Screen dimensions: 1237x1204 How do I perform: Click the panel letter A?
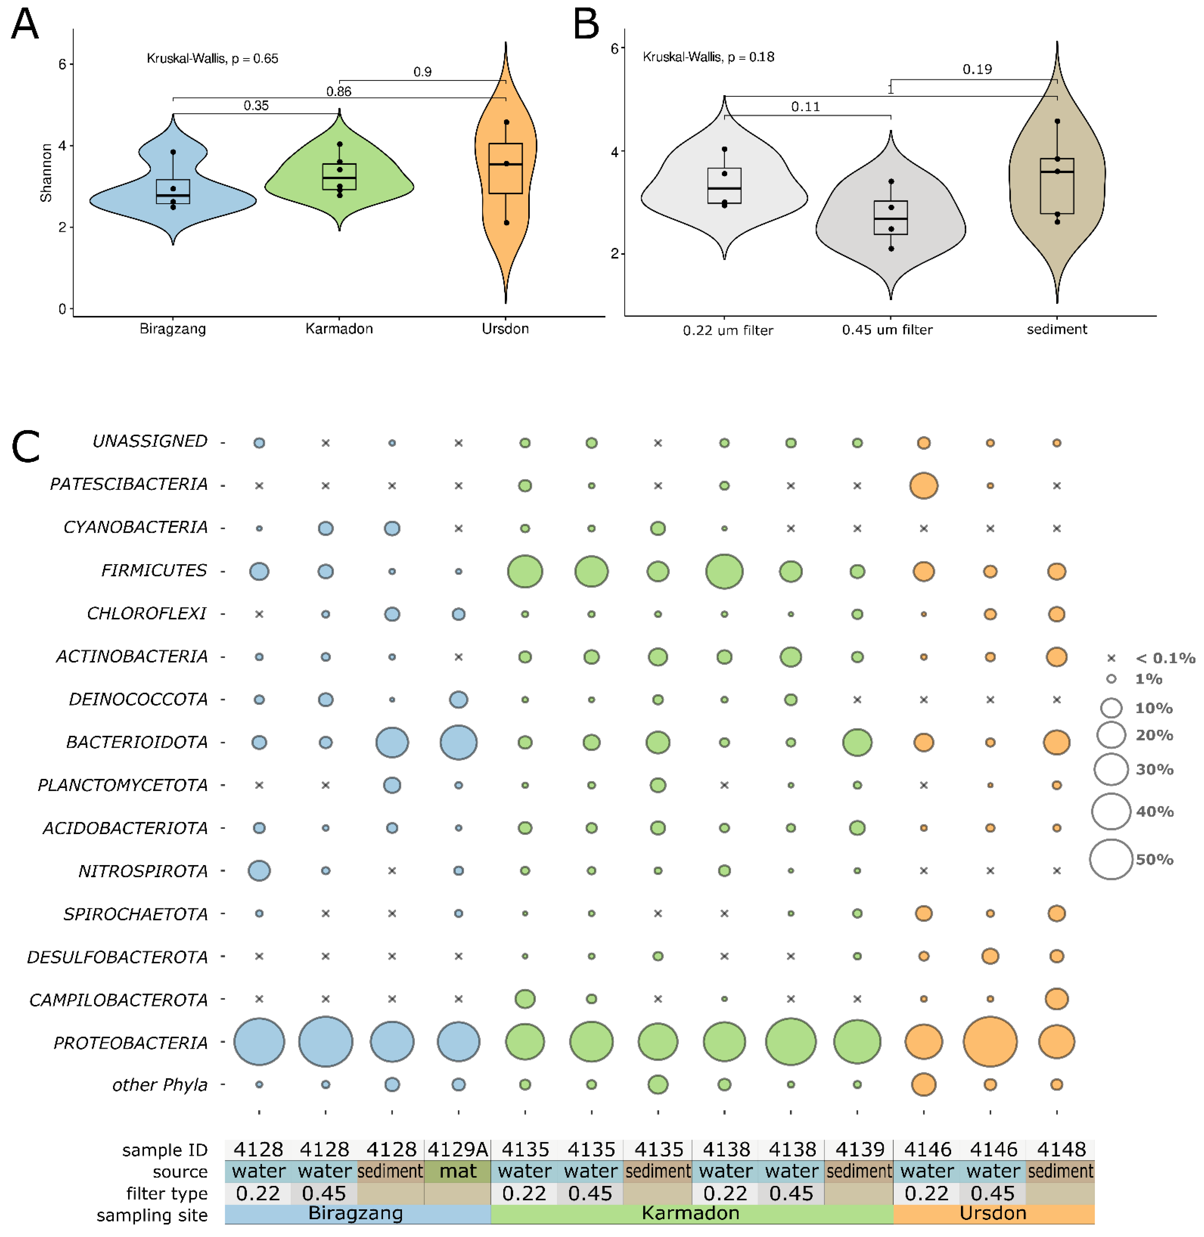[25, 25]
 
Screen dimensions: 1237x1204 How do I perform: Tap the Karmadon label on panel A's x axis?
[339, 329]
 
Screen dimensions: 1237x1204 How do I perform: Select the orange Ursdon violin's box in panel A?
[506, 168]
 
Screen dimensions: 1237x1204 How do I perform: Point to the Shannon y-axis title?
[46, 173]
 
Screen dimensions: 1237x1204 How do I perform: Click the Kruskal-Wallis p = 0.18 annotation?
[708, 57]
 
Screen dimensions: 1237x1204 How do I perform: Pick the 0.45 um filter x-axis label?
[887, 330]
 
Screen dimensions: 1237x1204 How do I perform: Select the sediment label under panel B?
[1057, 329]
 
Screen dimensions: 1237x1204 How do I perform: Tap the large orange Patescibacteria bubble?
[923, 485]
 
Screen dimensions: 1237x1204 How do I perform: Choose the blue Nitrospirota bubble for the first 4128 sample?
[259, 870]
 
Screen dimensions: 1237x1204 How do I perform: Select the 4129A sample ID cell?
[458, 1149]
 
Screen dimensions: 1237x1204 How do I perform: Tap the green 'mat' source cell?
[458, 1171]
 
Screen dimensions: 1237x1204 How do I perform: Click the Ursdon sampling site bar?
[993, 1214]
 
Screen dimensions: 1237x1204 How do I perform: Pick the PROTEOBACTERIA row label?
[130, 1042]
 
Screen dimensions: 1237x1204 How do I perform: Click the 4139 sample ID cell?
[859, 1149]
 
